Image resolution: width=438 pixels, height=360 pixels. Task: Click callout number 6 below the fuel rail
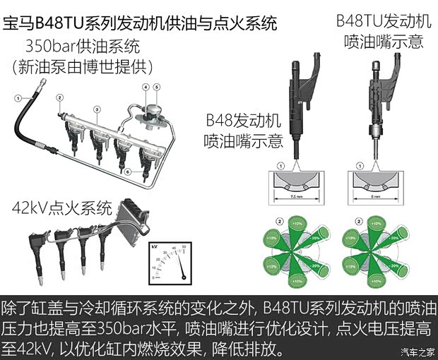126,171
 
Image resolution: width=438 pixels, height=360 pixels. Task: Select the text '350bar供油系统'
83,47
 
